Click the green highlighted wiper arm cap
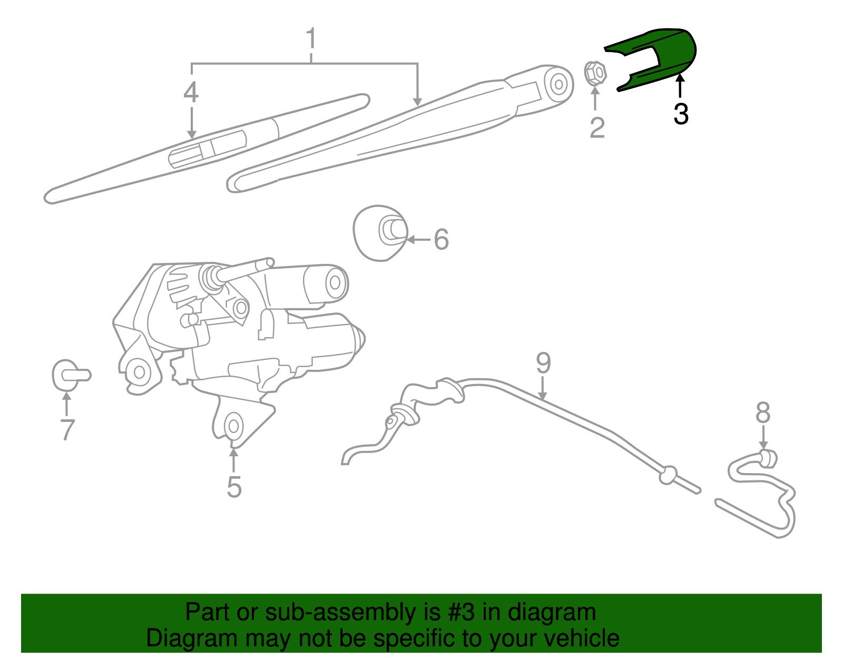664,55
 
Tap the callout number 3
681,114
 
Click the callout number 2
597,127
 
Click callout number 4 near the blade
191,93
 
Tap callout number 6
441,239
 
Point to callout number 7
67,429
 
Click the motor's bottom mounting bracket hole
232,426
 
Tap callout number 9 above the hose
543,363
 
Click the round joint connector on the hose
668,475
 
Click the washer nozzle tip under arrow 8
769,458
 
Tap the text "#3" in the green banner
462,613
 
